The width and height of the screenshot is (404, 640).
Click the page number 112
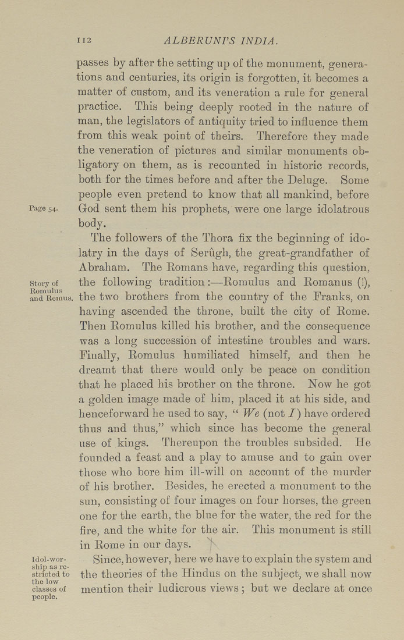pyautogui.click(x=85, y=41)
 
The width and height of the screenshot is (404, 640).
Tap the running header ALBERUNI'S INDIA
pyautogui.click(x=221, y=41)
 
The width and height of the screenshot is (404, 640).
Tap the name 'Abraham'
pyautogui.click(x=102, y=268)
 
